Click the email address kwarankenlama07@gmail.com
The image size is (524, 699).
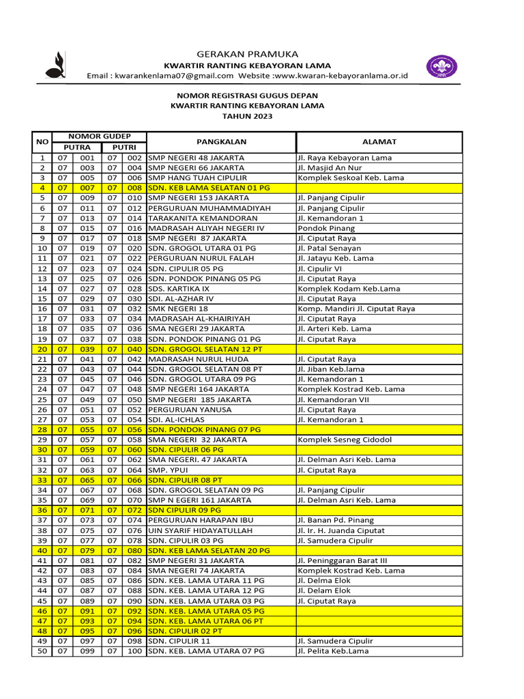point(174,76)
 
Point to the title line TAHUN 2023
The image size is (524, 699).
point(247,117)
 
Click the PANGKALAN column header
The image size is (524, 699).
point(221,142)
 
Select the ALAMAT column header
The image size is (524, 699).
point(379,142)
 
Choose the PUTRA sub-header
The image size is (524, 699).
point(76,147)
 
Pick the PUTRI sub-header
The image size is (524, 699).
point(123,147)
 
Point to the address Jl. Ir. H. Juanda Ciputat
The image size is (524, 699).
point(342,530)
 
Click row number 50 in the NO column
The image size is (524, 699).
point(42,651)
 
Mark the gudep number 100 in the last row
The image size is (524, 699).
point(134,651)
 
